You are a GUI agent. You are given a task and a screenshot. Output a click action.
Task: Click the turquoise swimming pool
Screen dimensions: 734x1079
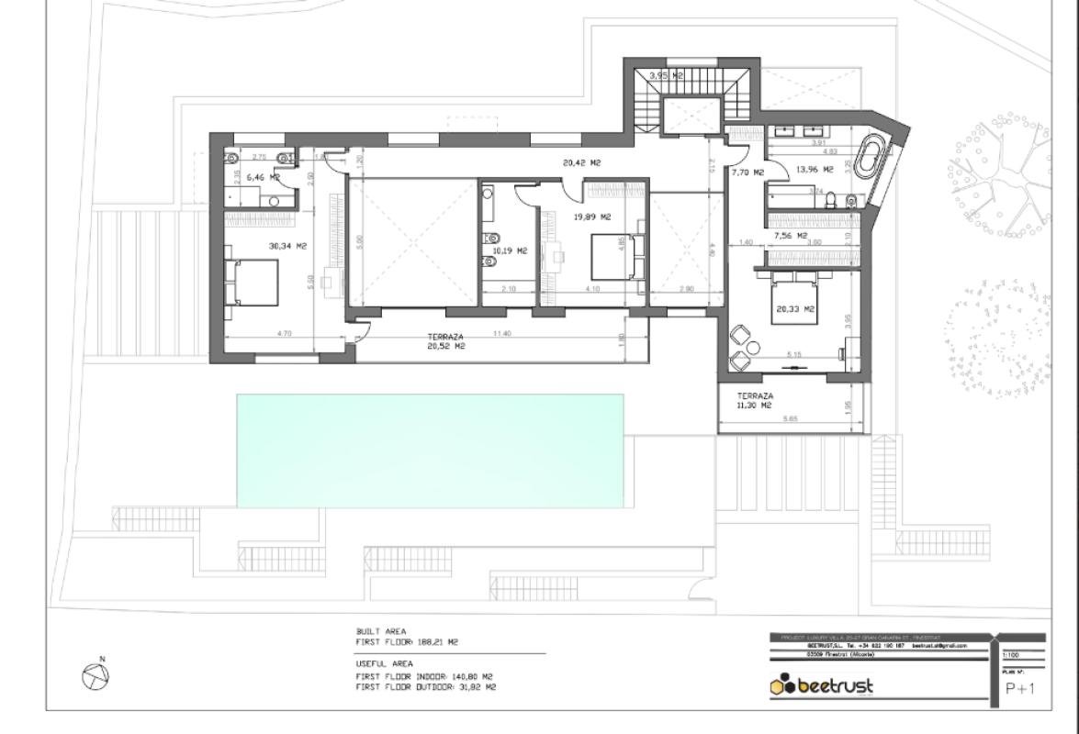pyautogui.click(x=430, y=450)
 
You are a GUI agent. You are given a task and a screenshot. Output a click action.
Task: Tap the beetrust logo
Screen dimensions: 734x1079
pyautogui.click(x=822, y=686)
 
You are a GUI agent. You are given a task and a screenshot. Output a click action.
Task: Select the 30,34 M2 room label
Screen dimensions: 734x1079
pyautogui.click(x=287, y=246)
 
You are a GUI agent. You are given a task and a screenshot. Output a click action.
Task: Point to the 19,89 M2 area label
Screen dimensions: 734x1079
pyautogui.click(x=592, y=217)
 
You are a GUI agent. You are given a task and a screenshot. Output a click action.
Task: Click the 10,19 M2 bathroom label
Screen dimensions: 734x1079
pyautogui.click(x=510, y=250)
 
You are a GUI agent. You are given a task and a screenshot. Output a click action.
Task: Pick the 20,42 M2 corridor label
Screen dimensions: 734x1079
pyautogui.click(x=582, y=162)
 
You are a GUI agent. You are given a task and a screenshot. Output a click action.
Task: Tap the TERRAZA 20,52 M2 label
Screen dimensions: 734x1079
pyautogui.click(x=445, y=341)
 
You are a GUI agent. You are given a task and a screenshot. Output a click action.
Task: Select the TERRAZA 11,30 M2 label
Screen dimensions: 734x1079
pyautogui.click(x=754, y=400)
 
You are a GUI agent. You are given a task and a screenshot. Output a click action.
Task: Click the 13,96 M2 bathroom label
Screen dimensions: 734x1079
pyautogui.click(x=815, y=170)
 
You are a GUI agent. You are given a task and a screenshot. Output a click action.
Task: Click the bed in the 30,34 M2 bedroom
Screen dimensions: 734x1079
pyautogui.click(x=252, y=282)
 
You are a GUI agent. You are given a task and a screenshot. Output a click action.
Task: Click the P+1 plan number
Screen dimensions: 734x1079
pyautogui.click(x=1020, y=689)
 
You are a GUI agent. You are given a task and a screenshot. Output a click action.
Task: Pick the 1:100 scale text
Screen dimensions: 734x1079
pyautogui.click(x=1010, y=655)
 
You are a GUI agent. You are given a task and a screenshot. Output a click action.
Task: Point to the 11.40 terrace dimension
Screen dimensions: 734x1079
pyautogui.click(x=501, y=334)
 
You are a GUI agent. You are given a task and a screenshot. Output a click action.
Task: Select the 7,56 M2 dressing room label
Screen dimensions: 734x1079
pyautogui.click(x=790, y=236)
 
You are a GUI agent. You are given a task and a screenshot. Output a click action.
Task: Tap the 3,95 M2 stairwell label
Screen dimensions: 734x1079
pyautogui.click(x=666, y=75)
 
